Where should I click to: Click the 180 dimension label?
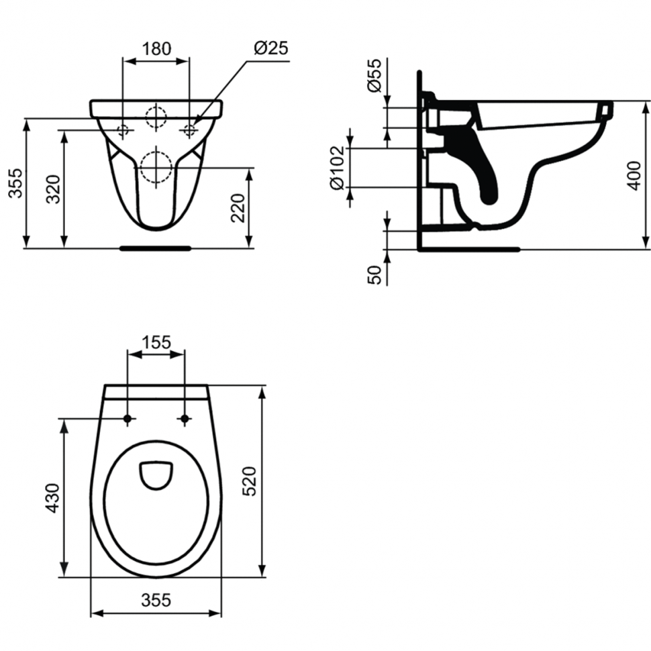156,49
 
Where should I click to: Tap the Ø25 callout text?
271,48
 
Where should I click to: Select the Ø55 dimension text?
374,75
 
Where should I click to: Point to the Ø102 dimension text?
337,168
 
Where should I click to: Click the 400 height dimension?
634,176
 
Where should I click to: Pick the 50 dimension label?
374,275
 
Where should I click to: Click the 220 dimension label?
238,208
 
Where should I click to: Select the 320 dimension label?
53,189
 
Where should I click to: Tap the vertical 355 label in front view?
15,183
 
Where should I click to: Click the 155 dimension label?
156,342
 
